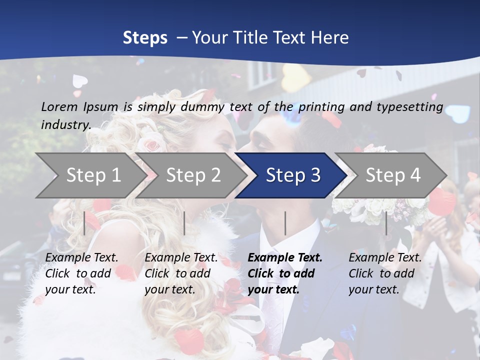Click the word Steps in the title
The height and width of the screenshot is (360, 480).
tap(145, 38)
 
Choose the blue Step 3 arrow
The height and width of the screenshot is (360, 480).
tap(293, 175)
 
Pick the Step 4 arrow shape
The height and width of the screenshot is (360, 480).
tap(393, 175)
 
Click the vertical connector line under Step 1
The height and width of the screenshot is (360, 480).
tap(84, 223)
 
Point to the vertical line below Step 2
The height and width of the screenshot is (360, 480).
tap(184, 223)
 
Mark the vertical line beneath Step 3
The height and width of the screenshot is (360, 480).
tap(285, 223)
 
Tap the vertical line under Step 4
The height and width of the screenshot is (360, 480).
tap(386, 223)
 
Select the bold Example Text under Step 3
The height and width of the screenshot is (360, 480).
tap(285, 273)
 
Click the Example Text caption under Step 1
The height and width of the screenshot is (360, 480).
tap(81, 273)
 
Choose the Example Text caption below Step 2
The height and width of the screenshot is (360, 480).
tap(181, 273)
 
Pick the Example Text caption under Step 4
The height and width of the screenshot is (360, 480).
tap(385, 273)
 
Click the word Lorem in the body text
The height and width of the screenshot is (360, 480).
tap(59, 106)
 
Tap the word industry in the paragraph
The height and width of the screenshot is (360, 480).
tap(66, 124)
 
